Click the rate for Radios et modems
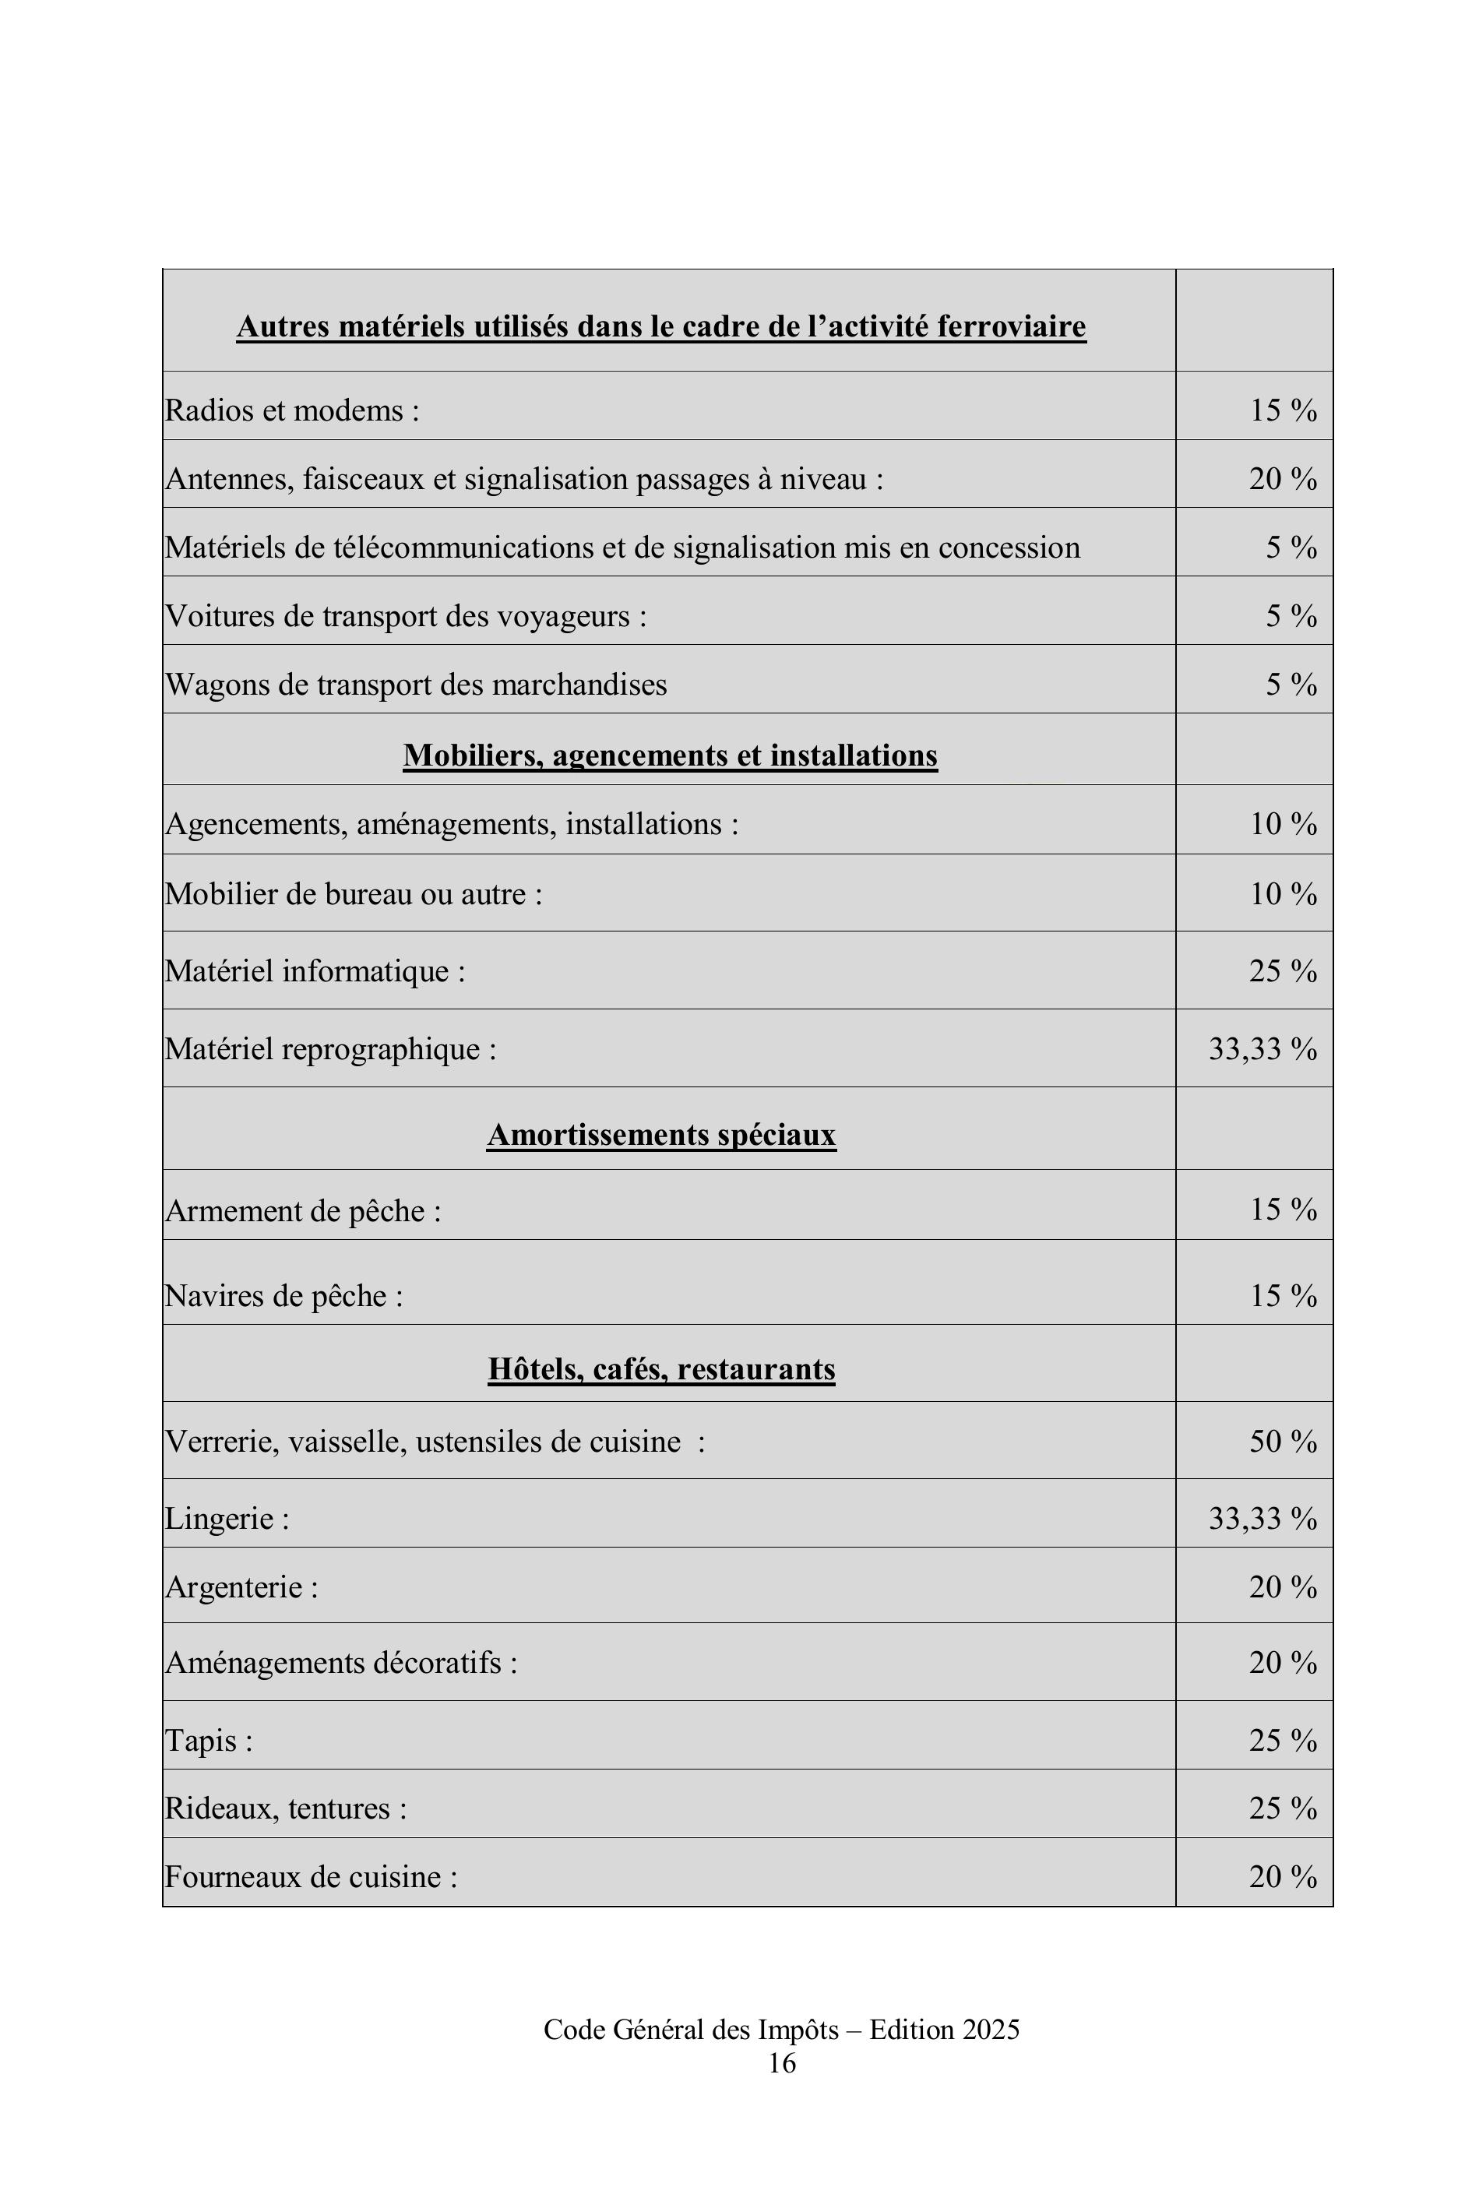[x=1283, y=410]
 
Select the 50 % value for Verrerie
[x=1283, y=1441]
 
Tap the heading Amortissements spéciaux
[x=661, y=1135]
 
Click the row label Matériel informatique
[x=315, y=970]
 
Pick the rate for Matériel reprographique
[x=1262, y=1048]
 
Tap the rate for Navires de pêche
[x=1283, y=1295]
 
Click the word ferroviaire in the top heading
[x=1011, y=326]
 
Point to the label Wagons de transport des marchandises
[x=416, y=685]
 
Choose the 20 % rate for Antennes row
[x=1283, y=479]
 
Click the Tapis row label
[x=209, y=1741]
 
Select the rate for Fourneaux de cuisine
[x=1283, y=1877]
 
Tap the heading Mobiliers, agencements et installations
[x=671, y=755]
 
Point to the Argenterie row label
[x=241, y=1587]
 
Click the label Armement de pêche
[x=302, y=1211]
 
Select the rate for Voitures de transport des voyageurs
[x=1291, y=616]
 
